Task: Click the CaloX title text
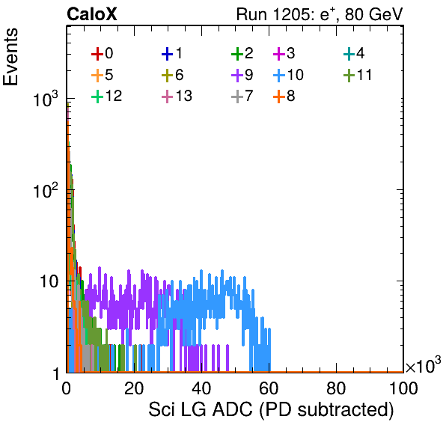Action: [92, 14]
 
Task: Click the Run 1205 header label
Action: [320, 14]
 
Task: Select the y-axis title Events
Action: [10, 57]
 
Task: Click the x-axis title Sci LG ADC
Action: [271, 409]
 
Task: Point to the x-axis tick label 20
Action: [134, 388]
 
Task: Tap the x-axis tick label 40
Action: [201, 388]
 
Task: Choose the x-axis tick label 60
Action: [269, 388]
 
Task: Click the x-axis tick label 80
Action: [336, 388]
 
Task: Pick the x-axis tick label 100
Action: [403, 388]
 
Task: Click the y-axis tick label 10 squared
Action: [46, 189]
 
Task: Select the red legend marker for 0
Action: [97, 55]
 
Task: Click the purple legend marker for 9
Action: [237, 76]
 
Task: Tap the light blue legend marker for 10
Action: [279, 76]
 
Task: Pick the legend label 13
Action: [184, 96]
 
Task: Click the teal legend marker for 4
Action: [349, 55]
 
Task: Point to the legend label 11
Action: [364, 75]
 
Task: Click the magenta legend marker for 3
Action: [279, 55]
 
